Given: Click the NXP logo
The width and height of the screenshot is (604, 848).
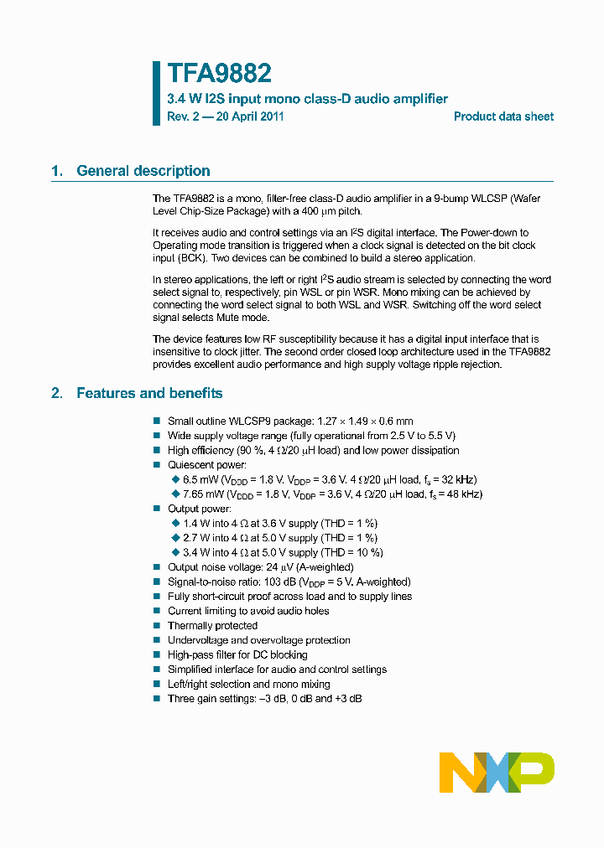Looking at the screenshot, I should click(497, 772).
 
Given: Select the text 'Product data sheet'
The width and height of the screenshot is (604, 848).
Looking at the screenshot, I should click(503, 116).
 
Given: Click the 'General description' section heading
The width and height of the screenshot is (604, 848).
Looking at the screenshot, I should click(143, 171).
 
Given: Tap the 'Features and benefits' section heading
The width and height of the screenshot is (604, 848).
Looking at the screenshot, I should click(149, 393).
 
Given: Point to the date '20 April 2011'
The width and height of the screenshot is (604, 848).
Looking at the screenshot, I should click(250, 116).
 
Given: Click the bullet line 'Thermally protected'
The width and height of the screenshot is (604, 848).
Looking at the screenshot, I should click(212, 625).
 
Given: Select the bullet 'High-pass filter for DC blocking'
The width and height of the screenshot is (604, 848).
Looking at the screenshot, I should click(237, 654).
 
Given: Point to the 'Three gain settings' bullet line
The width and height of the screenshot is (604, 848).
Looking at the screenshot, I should click(264, 698).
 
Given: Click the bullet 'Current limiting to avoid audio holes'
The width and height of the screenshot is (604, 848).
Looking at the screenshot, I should click(248, 611).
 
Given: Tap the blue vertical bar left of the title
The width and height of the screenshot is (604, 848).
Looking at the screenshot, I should click(155, 93).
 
